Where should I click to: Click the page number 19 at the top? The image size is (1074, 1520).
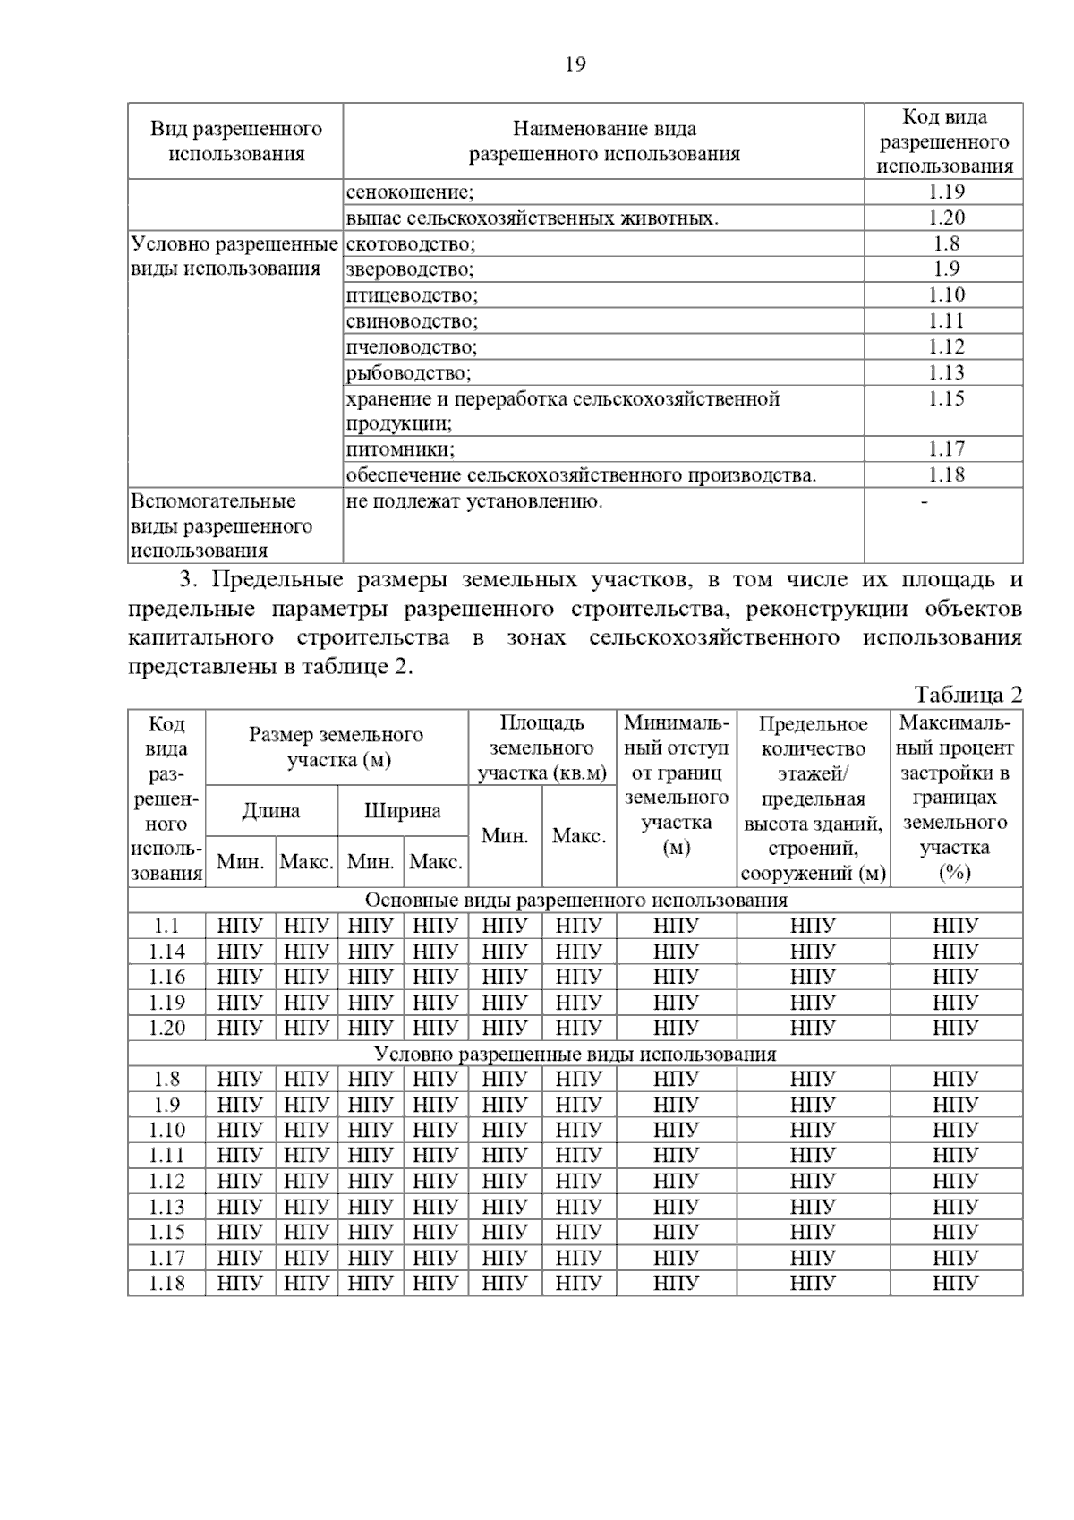pos(575,64)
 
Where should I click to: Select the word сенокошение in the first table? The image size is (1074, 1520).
pos(410,192)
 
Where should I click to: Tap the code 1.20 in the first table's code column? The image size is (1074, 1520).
pos(945,218)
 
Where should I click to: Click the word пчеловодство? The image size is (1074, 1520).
pos(412,347)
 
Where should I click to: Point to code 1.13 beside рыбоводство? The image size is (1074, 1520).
pos(945,373)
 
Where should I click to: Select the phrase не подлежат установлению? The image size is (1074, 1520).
pos(474,501)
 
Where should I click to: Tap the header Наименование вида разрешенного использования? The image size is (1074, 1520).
pos(604,141)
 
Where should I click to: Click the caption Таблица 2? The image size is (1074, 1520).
pos(967,695)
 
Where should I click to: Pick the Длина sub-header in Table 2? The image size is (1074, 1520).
pos(271,811)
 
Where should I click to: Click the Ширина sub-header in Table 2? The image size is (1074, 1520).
pos(403,811)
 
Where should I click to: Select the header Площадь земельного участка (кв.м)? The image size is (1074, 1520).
pos(542,747)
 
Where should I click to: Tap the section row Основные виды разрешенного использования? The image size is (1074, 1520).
pos(575,901)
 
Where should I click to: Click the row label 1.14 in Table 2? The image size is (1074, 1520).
pos(167,952)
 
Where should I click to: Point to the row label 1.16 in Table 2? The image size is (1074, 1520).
pos(167,978)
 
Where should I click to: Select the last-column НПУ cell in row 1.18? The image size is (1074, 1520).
pos(955,1284)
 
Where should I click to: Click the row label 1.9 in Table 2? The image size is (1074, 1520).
pos(167,1105)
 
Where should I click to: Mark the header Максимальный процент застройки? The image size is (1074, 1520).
pos(955,797)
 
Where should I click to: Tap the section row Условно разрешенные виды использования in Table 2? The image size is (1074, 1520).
pos(575,1054)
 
